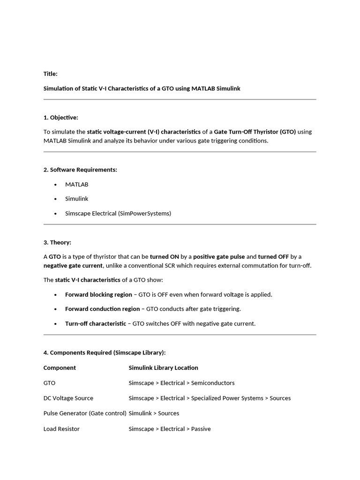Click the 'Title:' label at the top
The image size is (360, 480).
pos(51,74)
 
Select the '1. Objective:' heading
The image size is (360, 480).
pos(61,117)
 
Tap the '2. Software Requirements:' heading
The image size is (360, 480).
pos(80,170)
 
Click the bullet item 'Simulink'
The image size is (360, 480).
pos(77,199)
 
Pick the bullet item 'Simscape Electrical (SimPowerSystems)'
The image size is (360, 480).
pos(118,213)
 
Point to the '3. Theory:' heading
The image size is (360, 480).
pos(57,242)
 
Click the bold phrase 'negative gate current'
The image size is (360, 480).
pos(73,265)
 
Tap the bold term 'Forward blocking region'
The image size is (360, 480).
pos(98,294)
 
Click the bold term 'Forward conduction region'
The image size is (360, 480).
pos(102,309)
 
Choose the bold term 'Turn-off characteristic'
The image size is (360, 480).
pos(96,323)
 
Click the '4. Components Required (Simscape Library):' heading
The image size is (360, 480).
pos(105,352)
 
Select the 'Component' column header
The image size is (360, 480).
pos(60,367)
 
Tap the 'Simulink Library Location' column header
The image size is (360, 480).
pos(164,367)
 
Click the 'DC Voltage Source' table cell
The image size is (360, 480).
pos(68,398)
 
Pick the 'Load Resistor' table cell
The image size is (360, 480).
pos(61,429)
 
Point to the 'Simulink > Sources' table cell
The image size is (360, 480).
pos(154,413)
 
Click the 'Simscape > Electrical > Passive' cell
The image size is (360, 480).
pos(170,429)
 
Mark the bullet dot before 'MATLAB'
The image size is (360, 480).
pos(56,185)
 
